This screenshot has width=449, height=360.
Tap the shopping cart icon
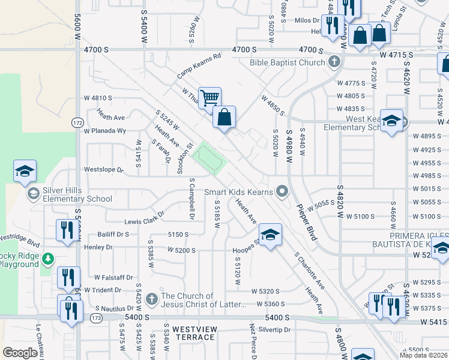click(x=209, y=97)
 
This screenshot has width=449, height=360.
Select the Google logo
click(x=20, y=353)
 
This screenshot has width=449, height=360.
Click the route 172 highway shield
click(x=78, y=122)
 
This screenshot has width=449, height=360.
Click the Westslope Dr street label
click(x=103, y=170)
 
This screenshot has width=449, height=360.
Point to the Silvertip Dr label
click(x=273, y=330)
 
